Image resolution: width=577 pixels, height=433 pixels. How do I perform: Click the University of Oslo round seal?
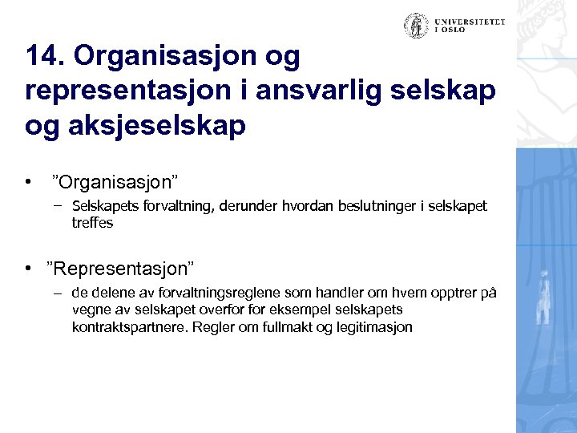[415, 25]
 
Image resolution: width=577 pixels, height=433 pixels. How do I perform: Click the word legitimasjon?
[373, 326]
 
